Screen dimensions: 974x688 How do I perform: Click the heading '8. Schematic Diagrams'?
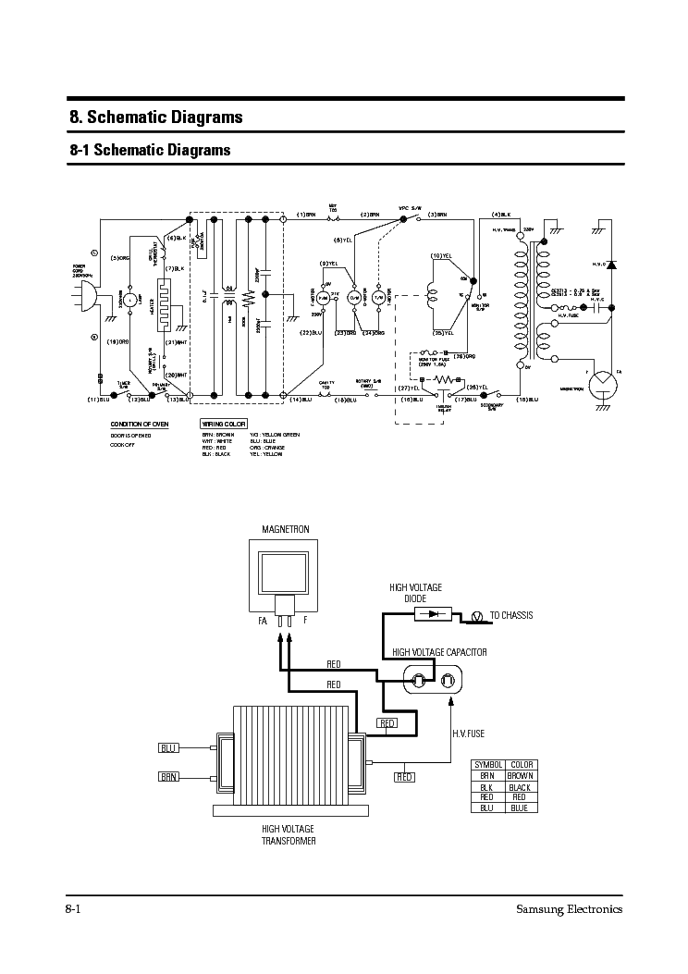[x=156, y=117]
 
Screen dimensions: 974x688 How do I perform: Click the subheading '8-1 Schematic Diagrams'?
[x=150, y=150]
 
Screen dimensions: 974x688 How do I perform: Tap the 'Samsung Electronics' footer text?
[x=568, y=908]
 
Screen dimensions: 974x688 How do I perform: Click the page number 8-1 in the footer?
[x=75, y=908]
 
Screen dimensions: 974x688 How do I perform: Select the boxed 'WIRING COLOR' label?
[x=223, y=424]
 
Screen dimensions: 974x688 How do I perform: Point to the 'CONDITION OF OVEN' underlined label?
[x=140, y=424]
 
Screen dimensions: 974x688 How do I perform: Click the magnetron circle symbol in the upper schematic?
[x=603, y=379]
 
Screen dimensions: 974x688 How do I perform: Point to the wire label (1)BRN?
[x=306, y=215]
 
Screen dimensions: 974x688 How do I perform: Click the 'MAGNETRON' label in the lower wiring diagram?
[x=285, y=530]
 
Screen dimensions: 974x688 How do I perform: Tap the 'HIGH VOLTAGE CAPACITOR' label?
[x=439, y=652]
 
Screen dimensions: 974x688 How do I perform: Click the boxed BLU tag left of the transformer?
[x=168, y=747]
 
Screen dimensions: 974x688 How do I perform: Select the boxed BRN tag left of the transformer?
[x=168, y=777]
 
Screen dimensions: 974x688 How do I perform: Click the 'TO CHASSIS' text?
[x=510, y=615]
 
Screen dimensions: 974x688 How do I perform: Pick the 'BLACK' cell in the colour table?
[x=519, y=786]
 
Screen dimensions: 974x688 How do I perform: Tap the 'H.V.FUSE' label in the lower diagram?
[x=469, y=733]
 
